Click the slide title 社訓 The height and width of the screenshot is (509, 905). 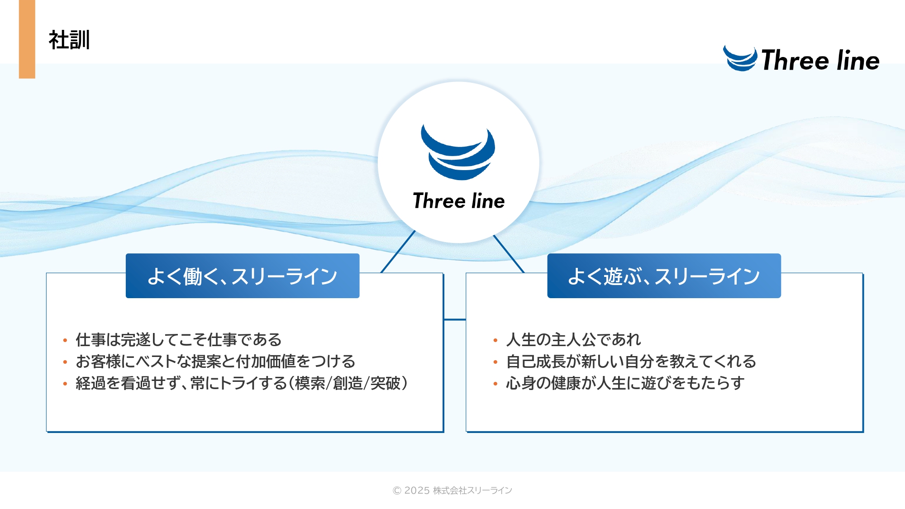tap(69, 40)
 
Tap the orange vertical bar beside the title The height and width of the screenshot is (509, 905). tap(27, 39)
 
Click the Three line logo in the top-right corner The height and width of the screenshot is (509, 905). tap(801, 59)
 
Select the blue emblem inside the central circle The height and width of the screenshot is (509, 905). tap(458, 152)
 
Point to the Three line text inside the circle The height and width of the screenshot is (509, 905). tap(459, 201)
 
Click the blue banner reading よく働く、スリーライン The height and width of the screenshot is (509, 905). tap(243, 276)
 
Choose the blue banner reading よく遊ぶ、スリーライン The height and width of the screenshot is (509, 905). tap(664, 276)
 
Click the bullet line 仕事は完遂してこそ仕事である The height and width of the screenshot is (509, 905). tap(179, 339)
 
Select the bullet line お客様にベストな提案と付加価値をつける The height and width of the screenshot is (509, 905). tap(215, 361)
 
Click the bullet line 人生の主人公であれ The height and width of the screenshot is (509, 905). tap(573, 339)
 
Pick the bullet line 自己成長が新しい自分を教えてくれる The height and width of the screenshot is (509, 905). tap(631, 361)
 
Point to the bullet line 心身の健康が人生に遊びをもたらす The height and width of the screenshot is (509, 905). tap(625, 383)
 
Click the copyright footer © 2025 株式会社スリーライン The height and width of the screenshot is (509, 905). tap(452, 490)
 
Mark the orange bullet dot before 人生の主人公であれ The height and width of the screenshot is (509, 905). tap(495, 340)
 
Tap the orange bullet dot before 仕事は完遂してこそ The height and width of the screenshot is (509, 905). tap(65, 340)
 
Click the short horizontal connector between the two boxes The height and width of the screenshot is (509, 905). tap(455, 319)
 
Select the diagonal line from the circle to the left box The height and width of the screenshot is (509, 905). tap(398, 252)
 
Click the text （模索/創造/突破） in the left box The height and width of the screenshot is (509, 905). tap(348, 383)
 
